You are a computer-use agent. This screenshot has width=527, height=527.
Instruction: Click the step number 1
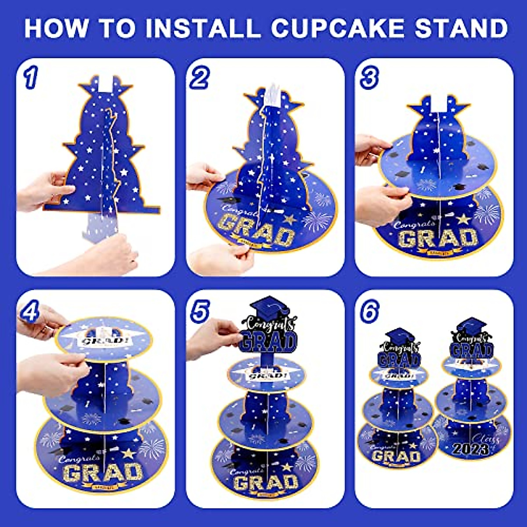pos(30,79)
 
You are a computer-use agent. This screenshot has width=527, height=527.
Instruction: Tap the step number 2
pos(199,79)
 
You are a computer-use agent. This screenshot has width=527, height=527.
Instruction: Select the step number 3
pos(369,79)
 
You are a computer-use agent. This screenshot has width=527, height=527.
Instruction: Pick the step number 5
pos(199,311)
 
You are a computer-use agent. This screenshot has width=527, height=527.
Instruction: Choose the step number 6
pos(369,311)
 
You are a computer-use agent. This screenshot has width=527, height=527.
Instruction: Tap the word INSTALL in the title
pos(203,28)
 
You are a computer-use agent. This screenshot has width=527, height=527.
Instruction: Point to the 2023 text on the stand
pos(470,449)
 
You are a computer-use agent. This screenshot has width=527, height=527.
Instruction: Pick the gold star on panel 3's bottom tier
pos(463,218)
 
